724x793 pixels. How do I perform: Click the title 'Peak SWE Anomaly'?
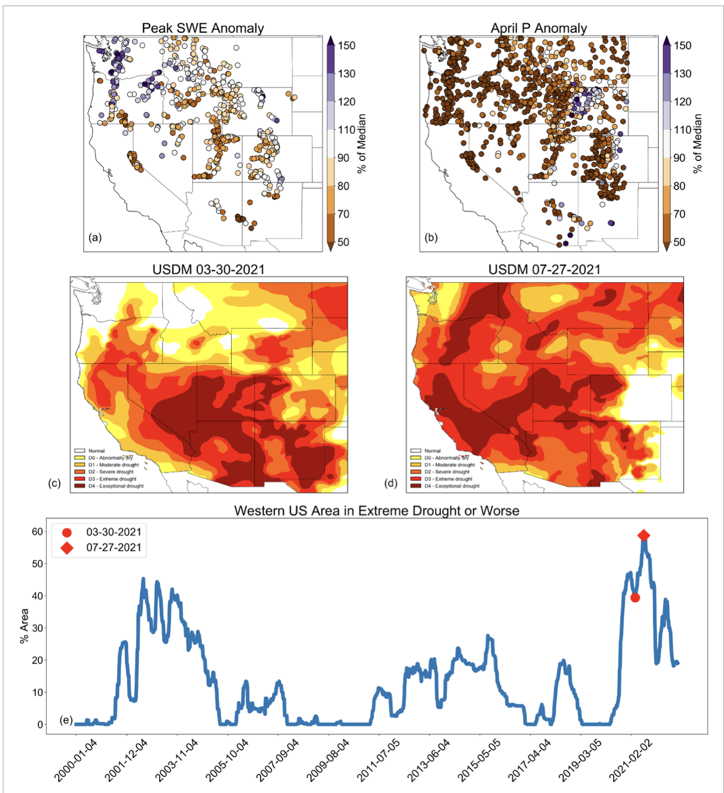point(203,28)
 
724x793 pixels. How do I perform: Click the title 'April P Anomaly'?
point(538,28)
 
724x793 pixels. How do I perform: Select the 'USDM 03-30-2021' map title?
point(208,270)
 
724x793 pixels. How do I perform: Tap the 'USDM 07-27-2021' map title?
point(544,270)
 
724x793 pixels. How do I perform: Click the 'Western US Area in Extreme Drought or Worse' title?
point(376,511)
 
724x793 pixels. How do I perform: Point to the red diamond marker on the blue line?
point(643,535)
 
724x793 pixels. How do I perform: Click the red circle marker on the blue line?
point(635,598)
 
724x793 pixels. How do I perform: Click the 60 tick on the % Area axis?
point(37,532)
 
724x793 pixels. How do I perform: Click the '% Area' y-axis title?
point(24,626)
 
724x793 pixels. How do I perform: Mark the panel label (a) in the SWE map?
point(95,237)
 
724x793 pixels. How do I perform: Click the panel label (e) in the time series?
point(66,720)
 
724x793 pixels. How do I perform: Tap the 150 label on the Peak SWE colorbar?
point(346,45)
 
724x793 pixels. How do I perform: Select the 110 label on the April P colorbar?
point(682,130)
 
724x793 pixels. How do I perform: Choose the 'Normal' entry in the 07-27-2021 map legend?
point(432,451)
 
